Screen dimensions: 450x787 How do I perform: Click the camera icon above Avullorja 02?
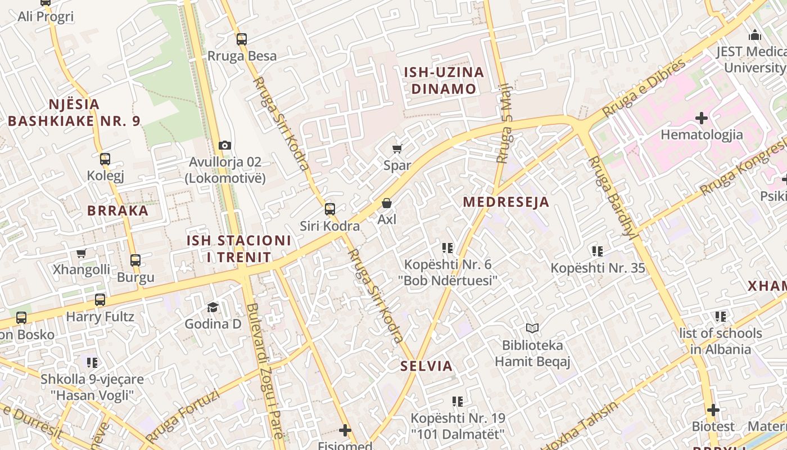click(x=225, y=145)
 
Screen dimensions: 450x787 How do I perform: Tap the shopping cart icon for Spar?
click(x=397, y=148)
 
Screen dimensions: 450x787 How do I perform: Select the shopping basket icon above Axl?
click(x=387, y=203)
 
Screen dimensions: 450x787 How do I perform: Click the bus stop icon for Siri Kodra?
click(x=330, y=209)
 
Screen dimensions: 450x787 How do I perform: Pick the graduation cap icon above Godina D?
click(x=213, y=307)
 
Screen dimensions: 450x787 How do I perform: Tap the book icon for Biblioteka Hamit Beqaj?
click(x=532, y=328)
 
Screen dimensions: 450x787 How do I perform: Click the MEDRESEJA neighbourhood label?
click(x=506, y=202)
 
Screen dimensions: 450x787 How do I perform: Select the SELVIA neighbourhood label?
click(x=426, y=366)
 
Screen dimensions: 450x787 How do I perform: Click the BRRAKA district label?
click(x=118, y=211)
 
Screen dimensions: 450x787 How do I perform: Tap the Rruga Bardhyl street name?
click(x=612, y=197)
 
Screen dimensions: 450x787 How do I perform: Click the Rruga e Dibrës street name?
click(x=644, y=88)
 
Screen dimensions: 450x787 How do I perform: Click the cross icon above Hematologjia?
click(x=702, y=118)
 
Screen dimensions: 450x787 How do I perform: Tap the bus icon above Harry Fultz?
click(x=100, y=300)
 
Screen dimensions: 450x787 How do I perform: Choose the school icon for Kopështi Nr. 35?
click(x=598, y=251)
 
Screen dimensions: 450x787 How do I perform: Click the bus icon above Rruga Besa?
click(x=242, y=39)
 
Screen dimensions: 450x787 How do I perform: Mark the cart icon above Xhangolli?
click(x=82, y=253)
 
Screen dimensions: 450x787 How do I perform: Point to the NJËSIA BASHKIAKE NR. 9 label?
click(x=74, y=112)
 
